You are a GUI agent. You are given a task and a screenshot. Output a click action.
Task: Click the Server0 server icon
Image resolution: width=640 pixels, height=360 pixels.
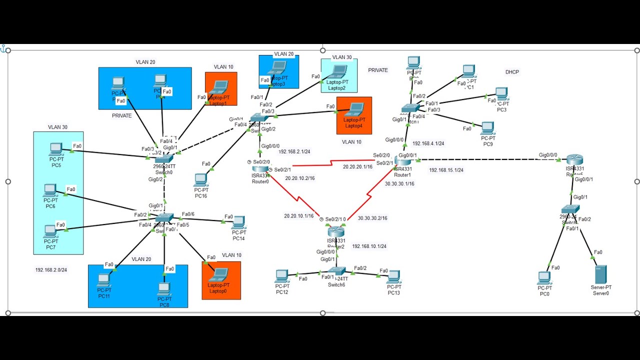pos(600,274)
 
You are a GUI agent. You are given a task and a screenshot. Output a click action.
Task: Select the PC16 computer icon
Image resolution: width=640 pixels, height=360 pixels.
pos(200,179)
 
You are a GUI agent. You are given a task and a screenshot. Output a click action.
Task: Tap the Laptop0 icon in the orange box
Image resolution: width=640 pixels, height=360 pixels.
pos(218,274)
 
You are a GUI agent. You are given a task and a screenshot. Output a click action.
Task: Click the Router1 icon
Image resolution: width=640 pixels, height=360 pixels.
pos(402,160)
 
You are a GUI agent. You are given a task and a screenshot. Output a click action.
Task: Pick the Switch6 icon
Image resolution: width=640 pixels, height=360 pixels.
pos(336,271)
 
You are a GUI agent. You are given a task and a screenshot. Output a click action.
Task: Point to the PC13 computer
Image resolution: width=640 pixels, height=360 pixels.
pos(393,276)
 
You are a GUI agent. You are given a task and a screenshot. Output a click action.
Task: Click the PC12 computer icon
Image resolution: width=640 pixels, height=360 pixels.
pos(282,276)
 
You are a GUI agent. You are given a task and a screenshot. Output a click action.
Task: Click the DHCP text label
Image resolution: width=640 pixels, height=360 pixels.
pos(512,72)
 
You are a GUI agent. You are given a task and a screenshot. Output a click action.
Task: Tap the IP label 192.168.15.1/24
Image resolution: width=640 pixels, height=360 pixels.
pos(446,170)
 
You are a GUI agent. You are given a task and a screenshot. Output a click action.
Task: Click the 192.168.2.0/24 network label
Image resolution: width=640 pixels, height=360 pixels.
pos(51,270)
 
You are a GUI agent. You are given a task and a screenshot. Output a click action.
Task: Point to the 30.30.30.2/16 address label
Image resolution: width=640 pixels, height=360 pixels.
pos(372,218)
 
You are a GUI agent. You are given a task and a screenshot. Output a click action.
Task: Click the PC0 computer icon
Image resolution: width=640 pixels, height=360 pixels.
pos(544,277)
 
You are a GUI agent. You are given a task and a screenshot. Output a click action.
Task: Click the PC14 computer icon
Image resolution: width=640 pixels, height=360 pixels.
pos(238,222)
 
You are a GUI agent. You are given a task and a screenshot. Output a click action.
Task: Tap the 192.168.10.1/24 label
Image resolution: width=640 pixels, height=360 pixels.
pos(369,246)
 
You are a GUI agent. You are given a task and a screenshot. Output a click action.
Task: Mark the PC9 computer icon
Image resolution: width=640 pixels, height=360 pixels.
pos(487,128)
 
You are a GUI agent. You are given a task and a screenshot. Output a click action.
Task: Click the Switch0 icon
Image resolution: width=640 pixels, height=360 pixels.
pos(164,158)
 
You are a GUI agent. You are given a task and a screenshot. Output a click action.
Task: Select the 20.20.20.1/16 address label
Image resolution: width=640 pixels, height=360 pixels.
pos(357,166)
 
